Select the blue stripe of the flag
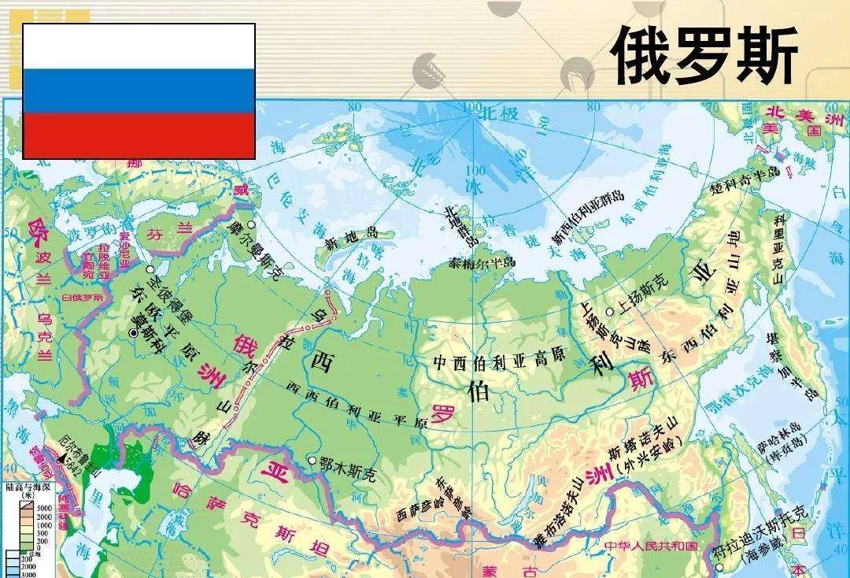click(x=139, y=91)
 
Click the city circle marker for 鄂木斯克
click(x=312, y=460)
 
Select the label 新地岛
click(x=353, y=235)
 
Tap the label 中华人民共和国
click(x=651, y=546)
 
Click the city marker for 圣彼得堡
click(x=150, y=269)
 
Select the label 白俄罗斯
click(x=83, y=298)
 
